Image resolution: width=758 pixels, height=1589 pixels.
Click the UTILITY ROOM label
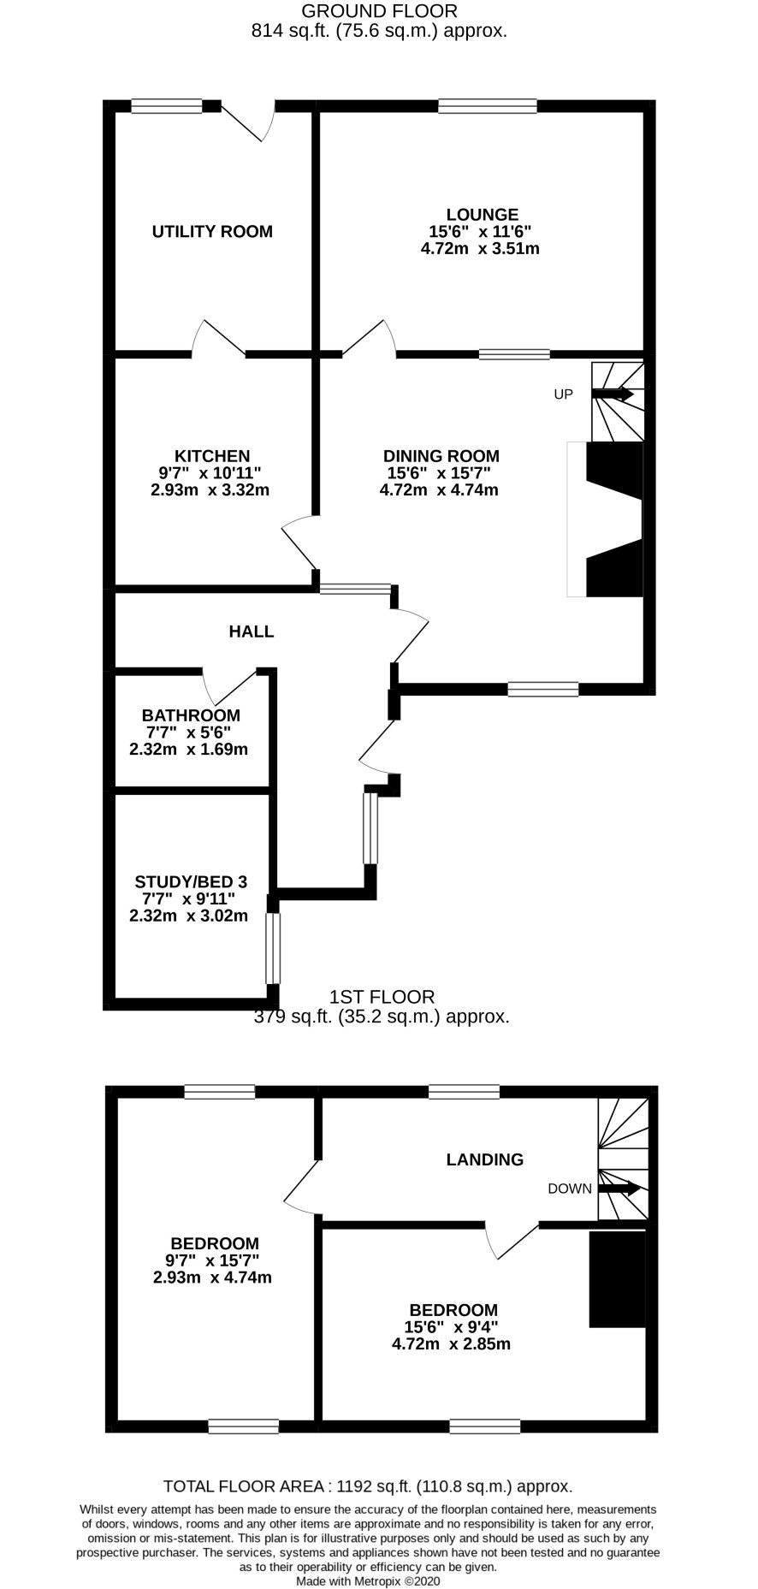pos(212,231)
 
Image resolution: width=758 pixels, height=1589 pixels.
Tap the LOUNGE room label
pos(482,215)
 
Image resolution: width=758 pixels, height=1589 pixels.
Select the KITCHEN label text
pos(212,456)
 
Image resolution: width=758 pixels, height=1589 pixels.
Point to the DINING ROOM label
pos(441,456)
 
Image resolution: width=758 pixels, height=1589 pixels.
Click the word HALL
pos(252,631)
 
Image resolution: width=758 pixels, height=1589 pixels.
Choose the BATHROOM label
pos(191,715)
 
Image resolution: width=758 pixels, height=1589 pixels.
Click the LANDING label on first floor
pos(485,1159)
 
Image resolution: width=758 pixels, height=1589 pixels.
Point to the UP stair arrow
pos(613,394)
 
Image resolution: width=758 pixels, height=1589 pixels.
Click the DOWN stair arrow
pos(619,1188)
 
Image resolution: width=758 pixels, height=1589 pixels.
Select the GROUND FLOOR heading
pos(380,11)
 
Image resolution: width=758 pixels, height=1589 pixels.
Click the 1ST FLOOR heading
pos(382,997)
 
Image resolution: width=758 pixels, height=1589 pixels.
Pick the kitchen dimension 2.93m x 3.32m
pos(210,490)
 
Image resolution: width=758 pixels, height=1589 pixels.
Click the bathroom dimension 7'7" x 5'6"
pos(189,732)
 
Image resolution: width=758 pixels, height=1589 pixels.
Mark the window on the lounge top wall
pos(488,106)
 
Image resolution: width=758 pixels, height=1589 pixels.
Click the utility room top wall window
pos(167,106)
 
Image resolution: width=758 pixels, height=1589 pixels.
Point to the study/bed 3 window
pos(273,948)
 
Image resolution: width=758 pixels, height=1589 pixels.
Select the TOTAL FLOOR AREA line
pos(368,1486)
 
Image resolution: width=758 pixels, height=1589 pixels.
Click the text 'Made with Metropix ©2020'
pos(368,1582)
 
